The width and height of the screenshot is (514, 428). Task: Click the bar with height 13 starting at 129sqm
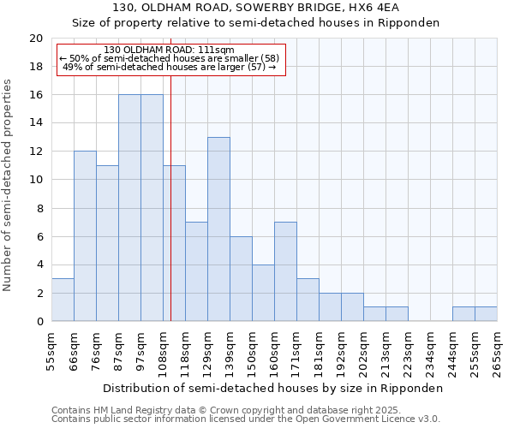pyautogui.click(x=218, y=229)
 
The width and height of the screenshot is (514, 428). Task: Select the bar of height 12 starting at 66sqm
pyautogui.click(x=85, y=236)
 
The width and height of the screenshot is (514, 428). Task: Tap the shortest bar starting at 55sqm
pyautogui.click(x=63, y=300)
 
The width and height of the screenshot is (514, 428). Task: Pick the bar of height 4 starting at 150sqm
pyautogui.click(x=263, y=293)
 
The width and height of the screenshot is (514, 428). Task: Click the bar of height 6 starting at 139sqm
pyautogui.click(x=241, y=279)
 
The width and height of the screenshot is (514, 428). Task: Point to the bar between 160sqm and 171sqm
pyautogui.click(x=285, y=271)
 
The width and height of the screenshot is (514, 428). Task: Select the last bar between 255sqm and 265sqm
pyautogui.click(x=486, y=314)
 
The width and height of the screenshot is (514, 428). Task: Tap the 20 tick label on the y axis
pyautogui.click(x=36, y=39)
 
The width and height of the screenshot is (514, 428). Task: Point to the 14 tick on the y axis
pyautogui.click(x=36, y=123)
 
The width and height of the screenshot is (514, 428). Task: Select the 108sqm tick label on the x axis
pyautogui.click(x=163, y=353)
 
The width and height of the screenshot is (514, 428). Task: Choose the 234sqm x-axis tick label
pyautogui.click(x=430, y=353)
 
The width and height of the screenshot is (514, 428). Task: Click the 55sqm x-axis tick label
pyautogui.click(x=51, y=353)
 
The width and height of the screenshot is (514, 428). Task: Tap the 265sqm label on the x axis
pyautogui.click(x=497, y=353)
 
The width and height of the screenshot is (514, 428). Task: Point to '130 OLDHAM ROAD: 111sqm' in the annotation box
pyautogui.click(x=168, y=51)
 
